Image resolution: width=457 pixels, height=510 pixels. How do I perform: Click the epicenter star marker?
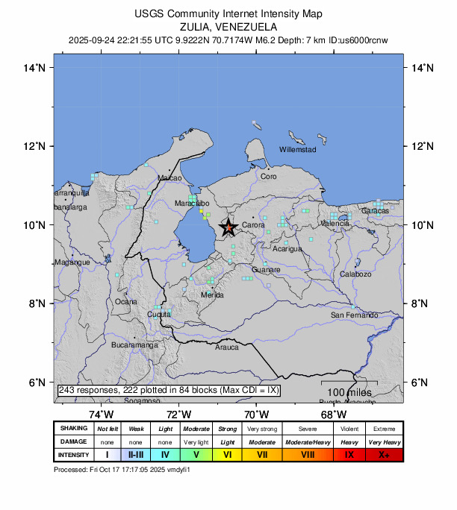[x=228, y=227]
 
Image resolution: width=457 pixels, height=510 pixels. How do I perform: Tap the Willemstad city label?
[x=297, y=150]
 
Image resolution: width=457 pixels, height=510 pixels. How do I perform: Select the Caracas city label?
[x=375, y=211]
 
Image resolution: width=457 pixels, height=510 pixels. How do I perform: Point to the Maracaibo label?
[x=192, y=203]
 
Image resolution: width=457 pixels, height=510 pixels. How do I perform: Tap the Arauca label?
[x=227, y=347]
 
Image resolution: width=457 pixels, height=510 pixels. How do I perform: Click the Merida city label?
[x=213, y=295]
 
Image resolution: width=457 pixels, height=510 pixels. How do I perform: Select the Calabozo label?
[x=355, y=274]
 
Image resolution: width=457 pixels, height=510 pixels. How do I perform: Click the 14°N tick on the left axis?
[x=35, y=68]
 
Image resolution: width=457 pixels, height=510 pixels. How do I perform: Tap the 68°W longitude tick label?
[x=334, y=414]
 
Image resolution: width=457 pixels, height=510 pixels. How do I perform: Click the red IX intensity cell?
[x=349, y=454]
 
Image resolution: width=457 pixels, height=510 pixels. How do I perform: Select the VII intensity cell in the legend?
[x=262, y=454]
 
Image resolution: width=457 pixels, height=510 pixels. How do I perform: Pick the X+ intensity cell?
[x=384, y=454]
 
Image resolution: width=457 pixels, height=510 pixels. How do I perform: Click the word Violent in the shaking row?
[x=349, y=429]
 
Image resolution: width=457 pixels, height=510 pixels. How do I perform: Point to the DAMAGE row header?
[x=73, y=441]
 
